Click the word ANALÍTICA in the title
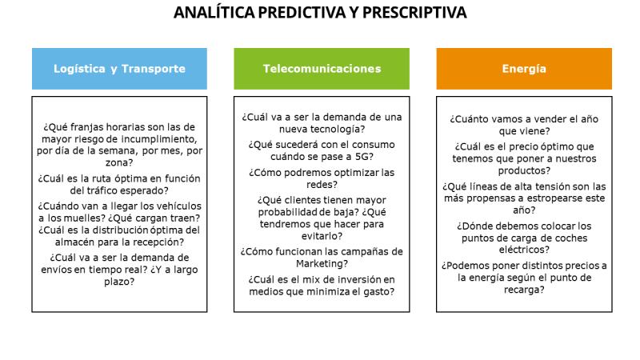pos(214,12)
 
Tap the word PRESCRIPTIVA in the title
pos(414,12)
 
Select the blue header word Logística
pos(79,69)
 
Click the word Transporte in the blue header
pos(154,69)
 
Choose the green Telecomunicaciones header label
pos(322,69)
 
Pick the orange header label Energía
pos(524,69)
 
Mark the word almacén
pos(74,242)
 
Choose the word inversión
pos(354,279)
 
